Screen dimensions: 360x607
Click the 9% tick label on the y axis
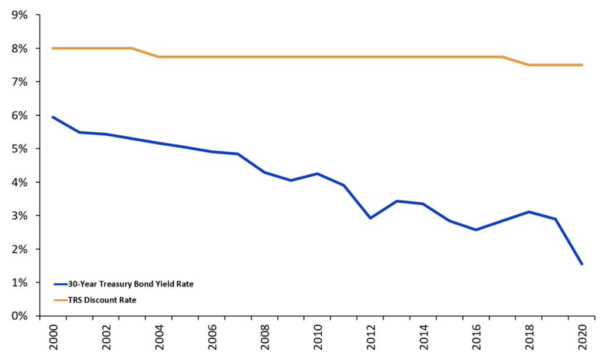pyautogui.click(x=20, y=15)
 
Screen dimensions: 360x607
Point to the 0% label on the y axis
pyautogui.click(x=20, y=316)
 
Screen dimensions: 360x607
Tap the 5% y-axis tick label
pyautogui.click(x=20, y=149)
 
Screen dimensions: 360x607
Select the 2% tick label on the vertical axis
pyautogui.click(x=20, y=249)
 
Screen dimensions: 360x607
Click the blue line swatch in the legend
pyautogui.click(x=60, y=284)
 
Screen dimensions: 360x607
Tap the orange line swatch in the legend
pyautogui.click(x=60, y=300)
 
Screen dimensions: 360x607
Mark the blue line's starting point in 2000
pyautogui.click(x=53, y=117)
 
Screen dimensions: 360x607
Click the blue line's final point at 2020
pyautogui.click(x=582, y=264)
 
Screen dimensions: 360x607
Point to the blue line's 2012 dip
pyautogui.click(x=370, y=218)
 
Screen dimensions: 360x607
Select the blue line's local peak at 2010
pyautogui.click(x=317, y=174)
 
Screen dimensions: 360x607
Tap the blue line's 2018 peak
pyautogui.click(x=529, y=212)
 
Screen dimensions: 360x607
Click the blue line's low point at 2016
pyautogui.click(x=476, y=230)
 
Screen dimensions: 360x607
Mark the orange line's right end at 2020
pyautogui.click(x=582, y=65)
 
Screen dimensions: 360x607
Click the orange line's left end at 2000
pyautogui.click(x=53, y=48)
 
